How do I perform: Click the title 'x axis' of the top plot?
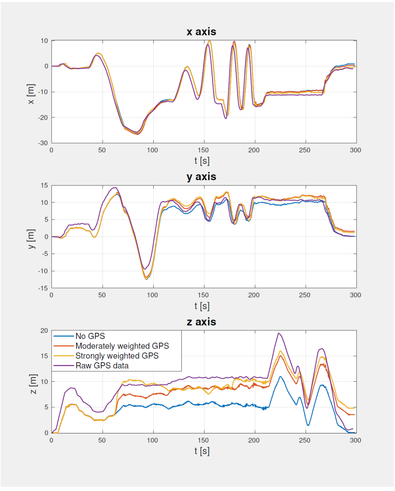pos(201,32)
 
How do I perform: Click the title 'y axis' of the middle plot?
pos(201,177)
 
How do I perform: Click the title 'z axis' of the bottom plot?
pos(201,322)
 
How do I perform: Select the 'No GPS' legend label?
pos(90,336)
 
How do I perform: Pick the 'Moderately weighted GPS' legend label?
pos(122,346)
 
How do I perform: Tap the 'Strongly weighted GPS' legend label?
pos(117,356)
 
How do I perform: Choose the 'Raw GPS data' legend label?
pos(102,366)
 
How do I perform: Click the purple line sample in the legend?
pos(64,366)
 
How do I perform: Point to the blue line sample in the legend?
pos(64,336)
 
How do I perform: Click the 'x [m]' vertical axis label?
pos(31,94)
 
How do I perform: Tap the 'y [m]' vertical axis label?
pos(31,239)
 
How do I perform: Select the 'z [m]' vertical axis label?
pos(33,384)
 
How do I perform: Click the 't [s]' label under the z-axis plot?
pos(202,451)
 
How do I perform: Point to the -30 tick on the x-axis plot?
pos(43,143)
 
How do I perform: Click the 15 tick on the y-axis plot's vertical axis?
pos(44,185)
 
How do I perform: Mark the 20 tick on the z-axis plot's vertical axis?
pos(44,331)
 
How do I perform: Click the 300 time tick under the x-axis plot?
pos(355,150)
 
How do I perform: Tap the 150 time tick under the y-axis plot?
pos(203,295)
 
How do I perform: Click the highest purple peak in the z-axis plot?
pos(279,333)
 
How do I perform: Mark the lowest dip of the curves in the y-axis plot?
pos(147,279)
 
